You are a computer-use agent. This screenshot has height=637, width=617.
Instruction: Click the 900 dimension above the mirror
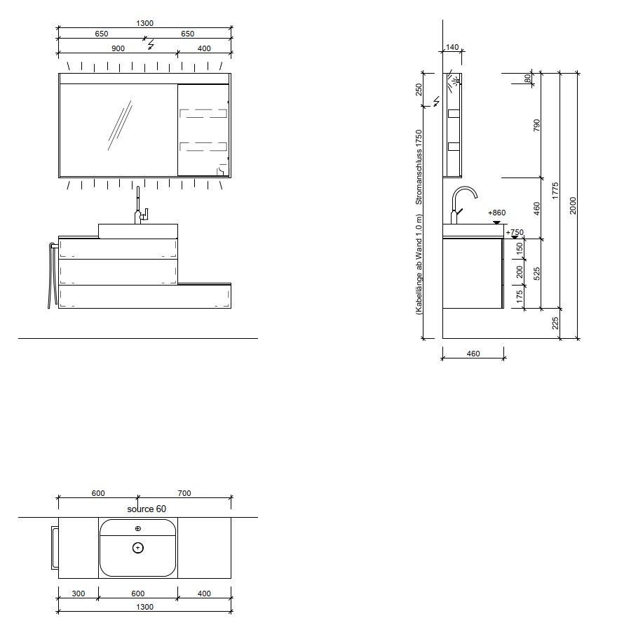pos(118,48)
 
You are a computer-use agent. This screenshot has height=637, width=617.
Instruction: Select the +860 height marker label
pos(497,213)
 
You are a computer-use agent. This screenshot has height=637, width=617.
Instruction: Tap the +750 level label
pos(515,232)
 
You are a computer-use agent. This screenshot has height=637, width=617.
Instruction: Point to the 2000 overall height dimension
pos(573,206)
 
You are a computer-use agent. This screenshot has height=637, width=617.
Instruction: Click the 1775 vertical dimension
pos(555,191)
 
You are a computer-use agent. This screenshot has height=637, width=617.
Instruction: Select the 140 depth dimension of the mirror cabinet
pos(452,47)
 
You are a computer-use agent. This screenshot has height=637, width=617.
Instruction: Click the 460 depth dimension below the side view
pos(473,354)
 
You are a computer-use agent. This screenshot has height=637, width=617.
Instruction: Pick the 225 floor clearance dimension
pos(555,323)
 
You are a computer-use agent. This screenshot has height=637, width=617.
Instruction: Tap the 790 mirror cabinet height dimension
pos(536,125)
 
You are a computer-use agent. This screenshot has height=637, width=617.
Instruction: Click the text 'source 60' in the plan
pos(147,509)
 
